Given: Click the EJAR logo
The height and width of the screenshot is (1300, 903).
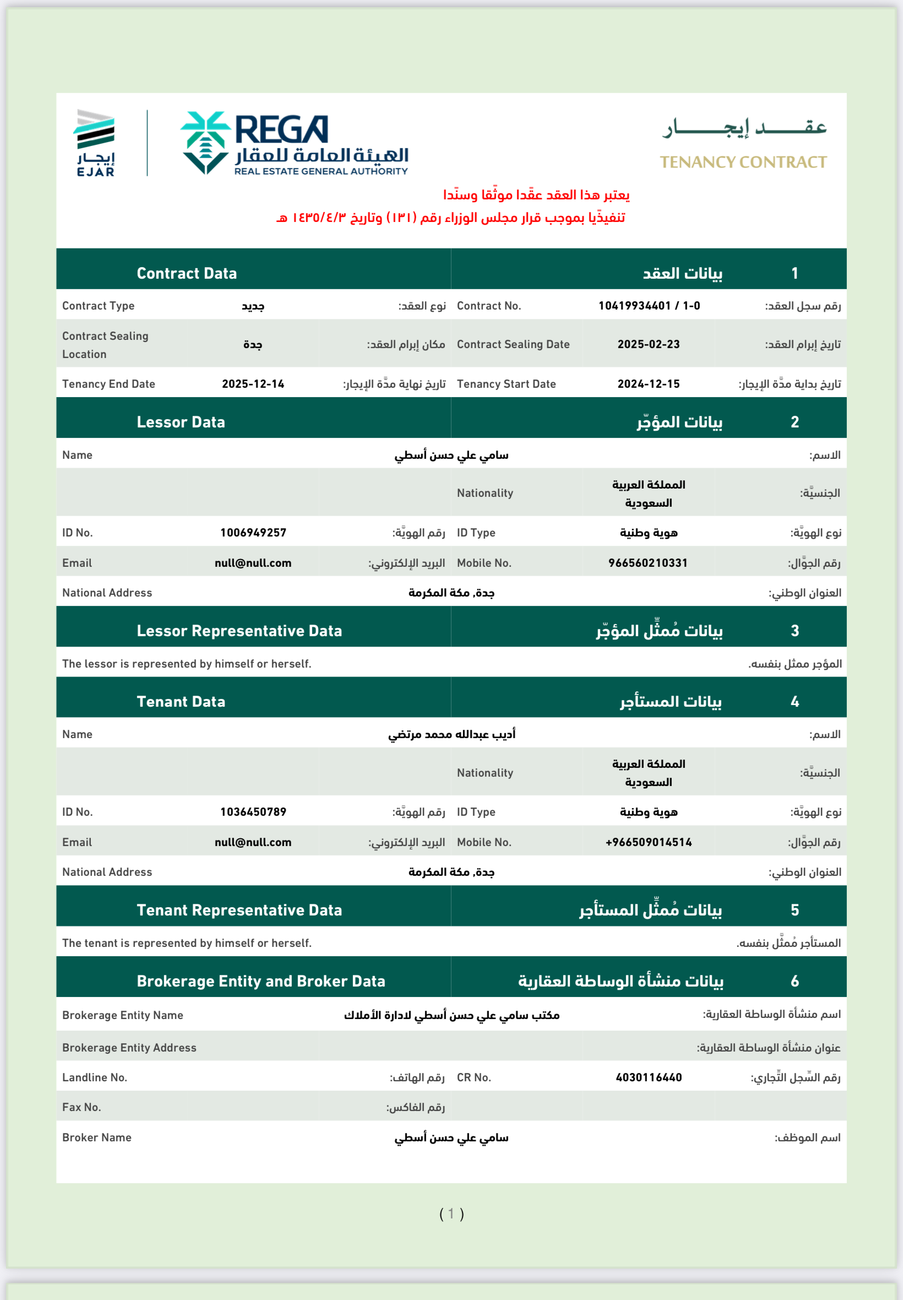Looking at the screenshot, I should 96,143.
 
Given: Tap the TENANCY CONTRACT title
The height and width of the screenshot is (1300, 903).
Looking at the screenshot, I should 743,162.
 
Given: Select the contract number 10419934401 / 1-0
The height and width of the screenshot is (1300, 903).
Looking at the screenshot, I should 649,306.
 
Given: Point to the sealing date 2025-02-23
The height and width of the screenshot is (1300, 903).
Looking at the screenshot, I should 649,344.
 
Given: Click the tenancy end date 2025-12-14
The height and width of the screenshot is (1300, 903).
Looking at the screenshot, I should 253,384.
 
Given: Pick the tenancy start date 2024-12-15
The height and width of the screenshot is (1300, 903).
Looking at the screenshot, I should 649,384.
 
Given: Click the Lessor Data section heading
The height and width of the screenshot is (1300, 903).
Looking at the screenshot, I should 181,421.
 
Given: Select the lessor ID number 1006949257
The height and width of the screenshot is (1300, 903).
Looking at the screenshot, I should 253,533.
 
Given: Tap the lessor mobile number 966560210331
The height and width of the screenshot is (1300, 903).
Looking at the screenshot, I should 648,562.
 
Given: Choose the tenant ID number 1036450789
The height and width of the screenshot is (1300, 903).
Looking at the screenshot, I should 253,811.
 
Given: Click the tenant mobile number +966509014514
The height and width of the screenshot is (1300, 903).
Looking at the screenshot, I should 649,842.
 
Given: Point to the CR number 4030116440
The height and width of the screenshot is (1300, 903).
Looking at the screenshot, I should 649,1077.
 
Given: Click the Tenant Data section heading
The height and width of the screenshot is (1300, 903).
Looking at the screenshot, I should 181,701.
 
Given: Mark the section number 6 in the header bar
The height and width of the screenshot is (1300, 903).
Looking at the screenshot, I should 795,981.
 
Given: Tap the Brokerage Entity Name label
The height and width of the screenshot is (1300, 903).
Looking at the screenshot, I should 123,1015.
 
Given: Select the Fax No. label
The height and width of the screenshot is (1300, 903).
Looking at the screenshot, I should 81,1107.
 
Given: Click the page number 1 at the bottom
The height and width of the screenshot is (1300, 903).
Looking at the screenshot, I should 451,1214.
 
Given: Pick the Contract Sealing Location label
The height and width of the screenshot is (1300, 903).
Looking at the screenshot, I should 105,345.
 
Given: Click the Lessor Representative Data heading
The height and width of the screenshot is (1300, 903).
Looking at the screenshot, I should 240,631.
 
